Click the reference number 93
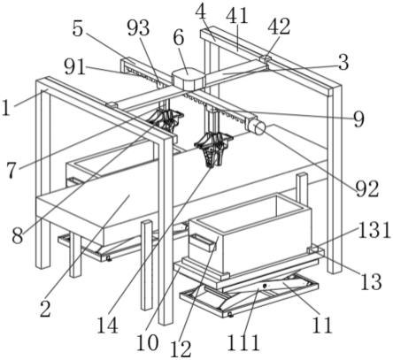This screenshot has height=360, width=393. click(x=138, y=29)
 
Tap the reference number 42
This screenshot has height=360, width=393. click(x=279, y=27)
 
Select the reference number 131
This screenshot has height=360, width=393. click(x=374, y=230)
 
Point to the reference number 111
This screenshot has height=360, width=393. click(x=243, y=342)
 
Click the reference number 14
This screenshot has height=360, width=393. click(x=108, y=325)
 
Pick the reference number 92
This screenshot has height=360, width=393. click(x=367, y=188)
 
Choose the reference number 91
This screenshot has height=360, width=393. click(x=75, y=67)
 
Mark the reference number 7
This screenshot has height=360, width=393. click(x=12, y=170)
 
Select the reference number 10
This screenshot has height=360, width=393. click(x=148, y=343)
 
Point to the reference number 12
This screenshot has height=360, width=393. click(x=181, y=349)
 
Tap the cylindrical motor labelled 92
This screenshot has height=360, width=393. click(x=258, y=128)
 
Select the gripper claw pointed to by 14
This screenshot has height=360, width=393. click(x=212, y=149)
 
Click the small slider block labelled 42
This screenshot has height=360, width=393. click(x=265, y=60)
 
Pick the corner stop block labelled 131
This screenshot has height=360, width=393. click(x=313, y=249)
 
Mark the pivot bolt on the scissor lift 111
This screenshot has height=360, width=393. click(x=265, y=286)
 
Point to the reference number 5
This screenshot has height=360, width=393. click(x=78, y=29)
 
